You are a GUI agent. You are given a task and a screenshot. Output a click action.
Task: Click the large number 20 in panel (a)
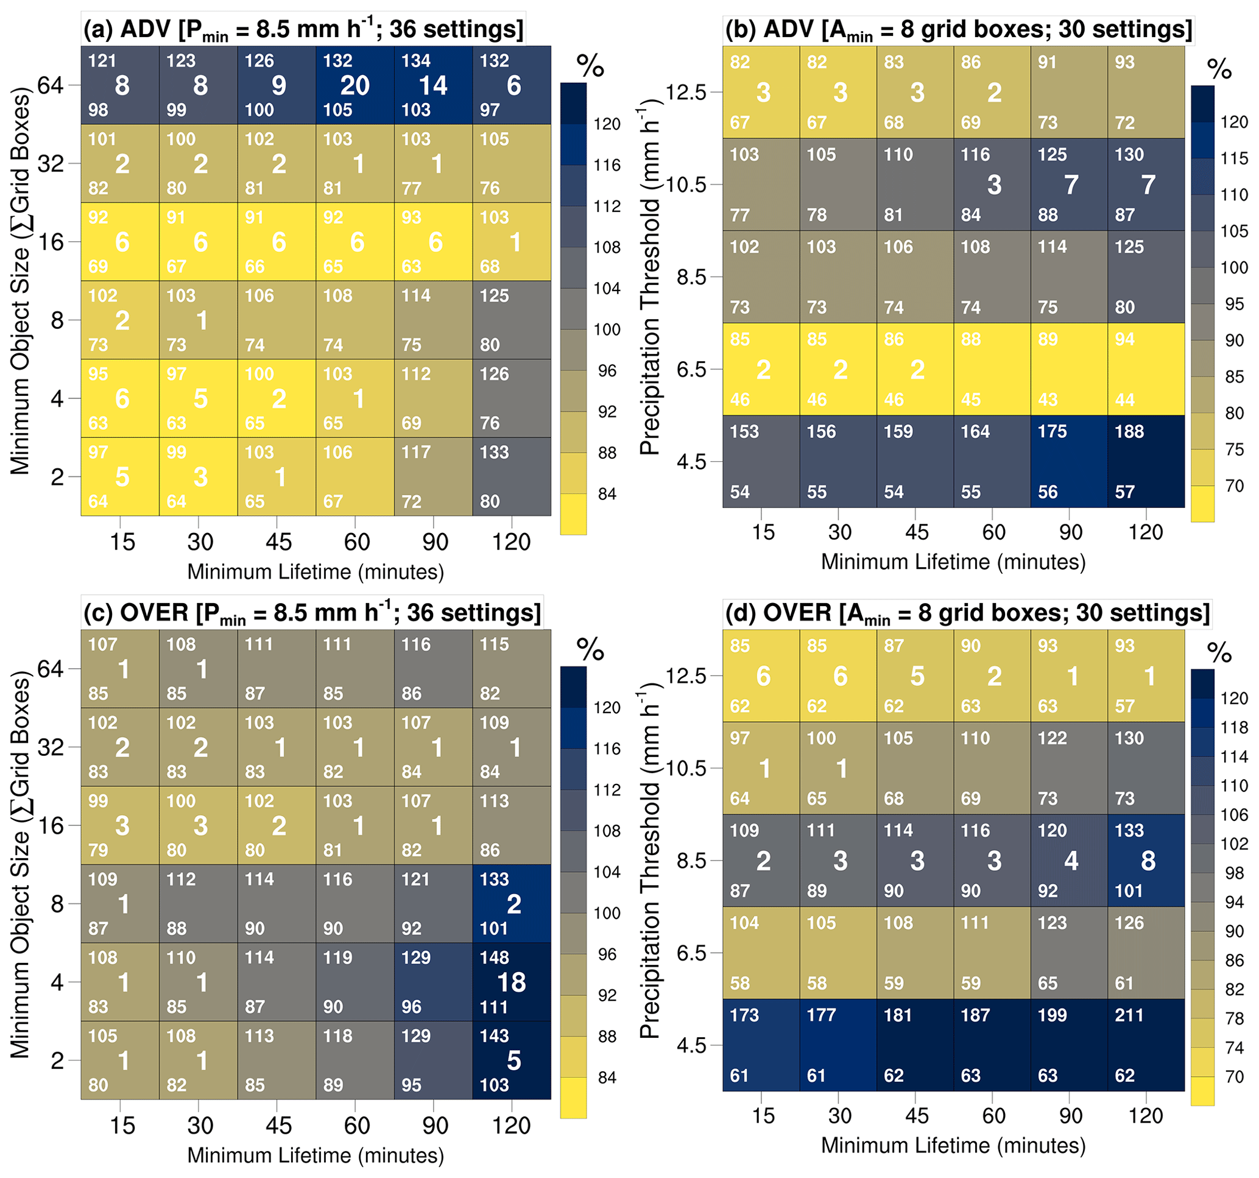click(x=354, y=85)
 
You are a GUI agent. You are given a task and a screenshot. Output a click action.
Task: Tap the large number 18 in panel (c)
click(x=511, y=982)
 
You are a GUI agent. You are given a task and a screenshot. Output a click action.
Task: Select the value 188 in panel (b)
click(x=1129, y=431)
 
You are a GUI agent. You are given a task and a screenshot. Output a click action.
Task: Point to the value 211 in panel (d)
click(x=1129, y=1015)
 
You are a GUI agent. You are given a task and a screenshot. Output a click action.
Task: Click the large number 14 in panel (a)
click(x=433, y=85)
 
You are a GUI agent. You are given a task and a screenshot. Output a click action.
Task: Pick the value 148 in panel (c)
click(x=494, y=957)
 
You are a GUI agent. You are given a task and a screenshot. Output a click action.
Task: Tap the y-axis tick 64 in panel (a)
click(x=51, y=84)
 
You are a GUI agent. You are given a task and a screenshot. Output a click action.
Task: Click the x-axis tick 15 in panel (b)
click(x=763, y=532)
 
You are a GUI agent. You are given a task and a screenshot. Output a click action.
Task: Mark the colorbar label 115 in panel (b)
click(x=1234, y=158)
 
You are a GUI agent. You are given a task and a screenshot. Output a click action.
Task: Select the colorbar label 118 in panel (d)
click(x=1234, y=727)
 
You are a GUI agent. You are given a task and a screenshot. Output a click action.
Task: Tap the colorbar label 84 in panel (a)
click(x=607, y=493)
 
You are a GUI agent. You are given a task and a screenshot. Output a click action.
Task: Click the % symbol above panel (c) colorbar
click(x=590, y=650)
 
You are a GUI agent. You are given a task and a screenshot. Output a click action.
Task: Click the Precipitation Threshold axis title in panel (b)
click(x=650, y=282)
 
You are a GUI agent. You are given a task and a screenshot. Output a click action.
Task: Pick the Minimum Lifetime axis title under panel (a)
click(x=316, y=572)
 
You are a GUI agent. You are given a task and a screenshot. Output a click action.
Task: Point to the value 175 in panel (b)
click(x=1052, y=431)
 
